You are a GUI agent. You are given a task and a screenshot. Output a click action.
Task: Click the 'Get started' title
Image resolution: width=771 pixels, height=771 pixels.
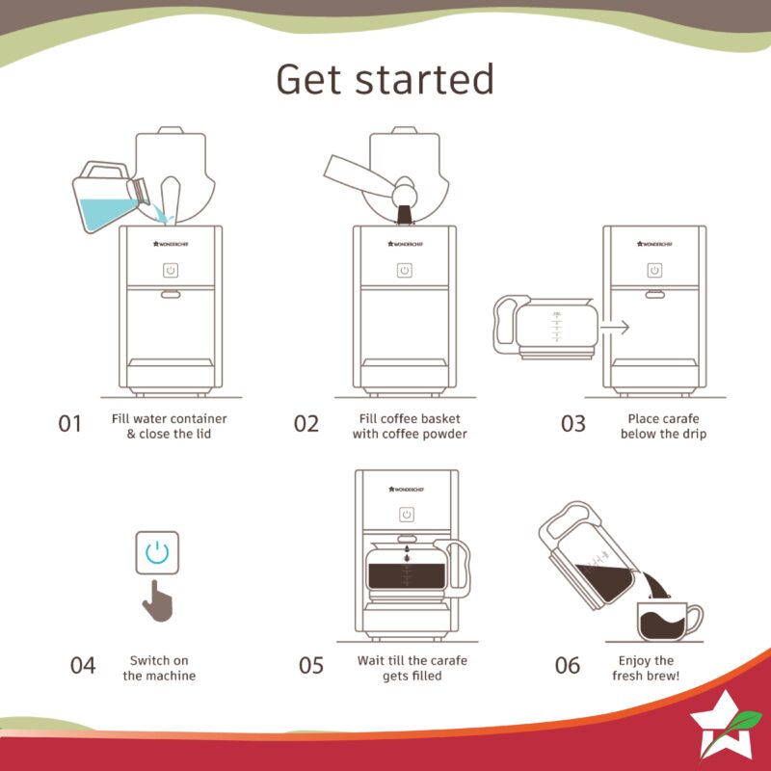click(x=385, y=79)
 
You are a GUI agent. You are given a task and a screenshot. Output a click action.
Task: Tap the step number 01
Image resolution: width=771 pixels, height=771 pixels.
click(x=69, y=424)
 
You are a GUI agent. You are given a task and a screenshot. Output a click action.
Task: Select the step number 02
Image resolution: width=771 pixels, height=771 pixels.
click(x=306, y=424)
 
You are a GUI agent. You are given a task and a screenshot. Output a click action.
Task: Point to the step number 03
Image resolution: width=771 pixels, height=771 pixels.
click(x=573, y=424)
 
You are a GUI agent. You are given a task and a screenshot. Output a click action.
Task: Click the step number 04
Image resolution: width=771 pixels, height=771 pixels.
click(x=83, y=666)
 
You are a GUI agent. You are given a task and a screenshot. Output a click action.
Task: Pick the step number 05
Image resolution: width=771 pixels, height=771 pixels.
click(x=311, y=666)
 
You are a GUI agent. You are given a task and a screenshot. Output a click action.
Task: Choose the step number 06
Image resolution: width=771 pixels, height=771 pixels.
click(x=568, y=666)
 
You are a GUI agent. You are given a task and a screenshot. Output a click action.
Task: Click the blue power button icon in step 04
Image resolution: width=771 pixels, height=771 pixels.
click(x=157, y=552)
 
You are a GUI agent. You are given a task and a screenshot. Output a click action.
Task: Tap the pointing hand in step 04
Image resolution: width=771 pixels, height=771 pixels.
click(x=158, y=600)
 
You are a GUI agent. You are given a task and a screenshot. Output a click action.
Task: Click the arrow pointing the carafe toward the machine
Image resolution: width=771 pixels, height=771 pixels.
click(x=615, y=327)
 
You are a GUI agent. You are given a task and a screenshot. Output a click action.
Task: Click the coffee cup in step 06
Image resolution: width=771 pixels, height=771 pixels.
click(x=669, y=622)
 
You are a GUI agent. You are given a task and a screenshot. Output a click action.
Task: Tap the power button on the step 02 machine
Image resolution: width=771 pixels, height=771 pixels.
click(x=405, y=270)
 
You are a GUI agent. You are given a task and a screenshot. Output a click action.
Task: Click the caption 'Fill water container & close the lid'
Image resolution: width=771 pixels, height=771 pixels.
click(x=170, y=426)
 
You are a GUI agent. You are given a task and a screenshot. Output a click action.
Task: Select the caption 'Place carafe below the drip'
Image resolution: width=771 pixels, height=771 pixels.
click(x=663, y=426)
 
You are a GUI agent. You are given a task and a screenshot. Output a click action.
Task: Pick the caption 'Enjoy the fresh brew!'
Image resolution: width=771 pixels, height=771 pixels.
click(x=646, y=668)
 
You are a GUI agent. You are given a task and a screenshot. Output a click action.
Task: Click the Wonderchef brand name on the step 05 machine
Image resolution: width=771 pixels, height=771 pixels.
click(x=406, y=490)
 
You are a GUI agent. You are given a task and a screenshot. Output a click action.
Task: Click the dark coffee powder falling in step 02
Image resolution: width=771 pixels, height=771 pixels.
click(x=405, y=215)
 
